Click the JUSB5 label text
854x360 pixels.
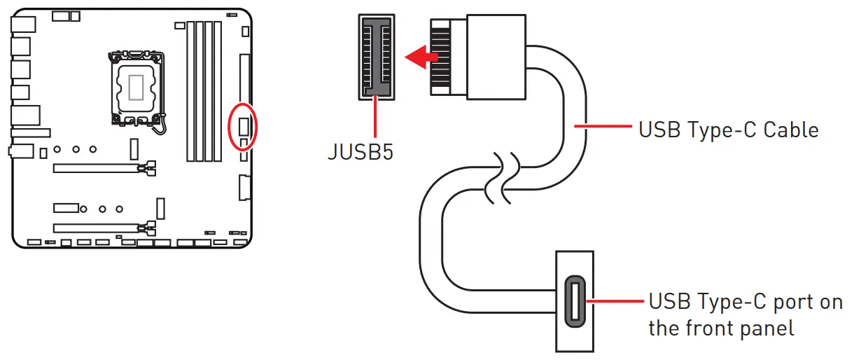pyautogui.click(x=360, y=151)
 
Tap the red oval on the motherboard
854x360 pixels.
pyautogui.click(x=244, y=126)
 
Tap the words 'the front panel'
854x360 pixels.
pyautogui.click(x=721, y=328)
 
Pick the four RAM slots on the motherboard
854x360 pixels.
pyautogui.click(x=203, y=91)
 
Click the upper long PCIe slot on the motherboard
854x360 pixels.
pyautogui.click(x=98, y=168)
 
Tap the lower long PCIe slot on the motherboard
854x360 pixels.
pyautogui.click(x=98, y=228)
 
